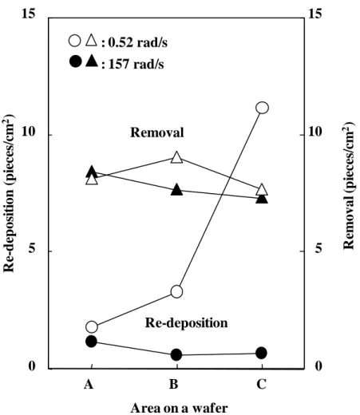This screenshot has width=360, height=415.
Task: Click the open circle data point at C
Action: (262, 108)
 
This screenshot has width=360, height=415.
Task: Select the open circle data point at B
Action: (176, 292)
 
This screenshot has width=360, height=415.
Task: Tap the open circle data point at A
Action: (92, 326)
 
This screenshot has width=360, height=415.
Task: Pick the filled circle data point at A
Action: (91, 342)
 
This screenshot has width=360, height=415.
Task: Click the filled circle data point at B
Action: (176, 354)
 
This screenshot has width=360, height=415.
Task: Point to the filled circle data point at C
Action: (261, 353)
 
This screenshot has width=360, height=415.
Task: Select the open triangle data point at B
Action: (176, 158)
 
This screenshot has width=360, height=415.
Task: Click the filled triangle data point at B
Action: (176, 190)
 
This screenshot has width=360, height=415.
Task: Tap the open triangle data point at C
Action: (262, 189)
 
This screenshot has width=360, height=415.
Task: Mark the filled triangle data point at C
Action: (262, 198)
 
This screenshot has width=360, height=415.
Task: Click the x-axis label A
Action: (89, 384)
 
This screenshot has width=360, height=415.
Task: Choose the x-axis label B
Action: (174, 384)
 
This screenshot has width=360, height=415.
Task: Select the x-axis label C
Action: (261, 384)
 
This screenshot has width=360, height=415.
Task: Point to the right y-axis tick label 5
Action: (318, 248)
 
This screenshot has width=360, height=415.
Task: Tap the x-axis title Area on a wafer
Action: (179, 408)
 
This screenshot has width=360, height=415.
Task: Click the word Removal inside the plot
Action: (157, 132)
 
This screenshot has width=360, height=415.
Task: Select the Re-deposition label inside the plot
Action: (186, 323)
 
